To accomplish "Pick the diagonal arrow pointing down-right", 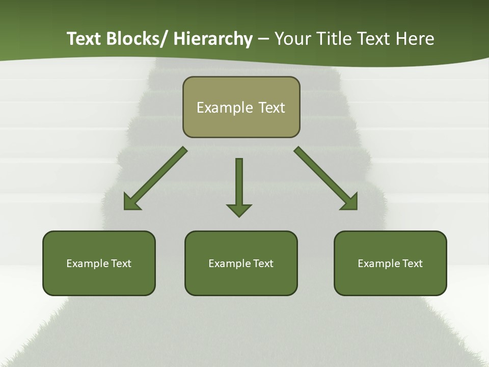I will [x=326, y=178].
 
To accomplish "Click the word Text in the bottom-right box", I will [x=412, y=264].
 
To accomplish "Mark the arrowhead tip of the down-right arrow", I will [x=356, y=209].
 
